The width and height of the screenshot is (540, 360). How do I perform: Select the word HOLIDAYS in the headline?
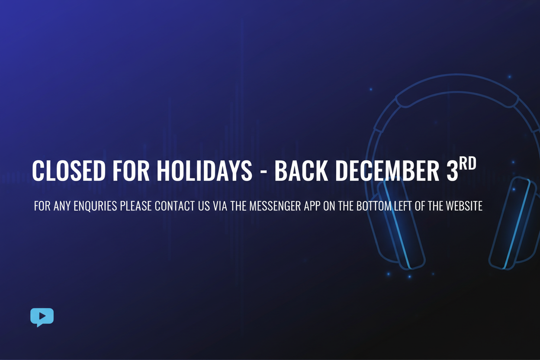pos(204,171)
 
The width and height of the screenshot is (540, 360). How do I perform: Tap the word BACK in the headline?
pos(302,171)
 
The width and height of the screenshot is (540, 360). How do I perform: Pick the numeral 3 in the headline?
pos(452,171)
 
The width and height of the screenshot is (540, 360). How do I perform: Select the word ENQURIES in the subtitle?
pos(95,206)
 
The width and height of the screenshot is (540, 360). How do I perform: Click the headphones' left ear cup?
pos(398,225)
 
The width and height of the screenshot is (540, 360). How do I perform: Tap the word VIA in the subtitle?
pos(221,206)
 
